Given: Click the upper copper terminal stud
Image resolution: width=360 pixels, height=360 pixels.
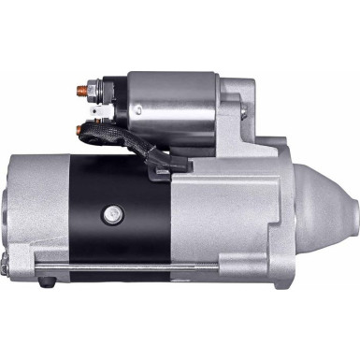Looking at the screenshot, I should [x=81, y=92].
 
